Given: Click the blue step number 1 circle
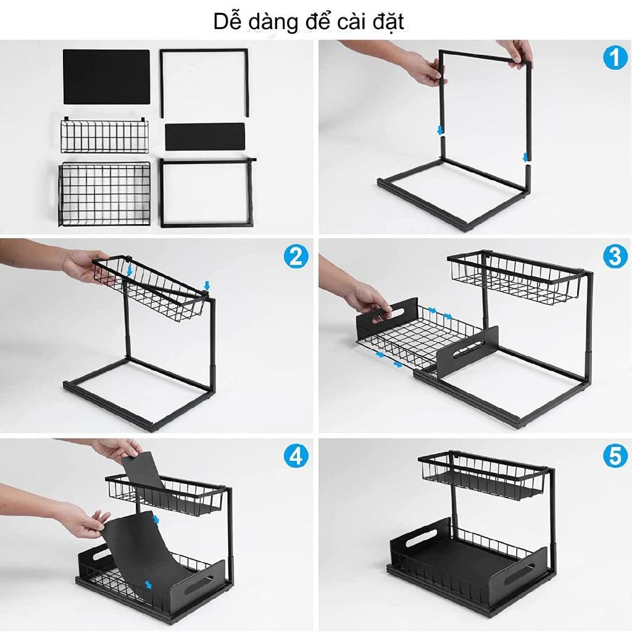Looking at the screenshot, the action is point(615,58).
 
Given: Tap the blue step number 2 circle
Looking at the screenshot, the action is point(296,256).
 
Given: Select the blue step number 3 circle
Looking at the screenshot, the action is point(615,256).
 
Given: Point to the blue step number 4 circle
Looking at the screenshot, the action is point(296,456).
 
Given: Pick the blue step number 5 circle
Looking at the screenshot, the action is point(615,456).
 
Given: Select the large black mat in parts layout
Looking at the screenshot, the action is point(106,77).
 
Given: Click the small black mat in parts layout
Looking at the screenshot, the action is point(205,136).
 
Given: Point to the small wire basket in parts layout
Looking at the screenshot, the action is point(104,135).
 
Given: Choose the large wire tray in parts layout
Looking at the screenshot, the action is point(104,194).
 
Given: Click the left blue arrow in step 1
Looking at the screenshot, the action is point(441,130).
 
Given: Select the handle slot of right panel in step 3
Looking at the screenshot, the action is point(469,349).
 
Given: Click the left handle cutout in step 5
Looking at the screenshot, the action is point(421,538).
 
